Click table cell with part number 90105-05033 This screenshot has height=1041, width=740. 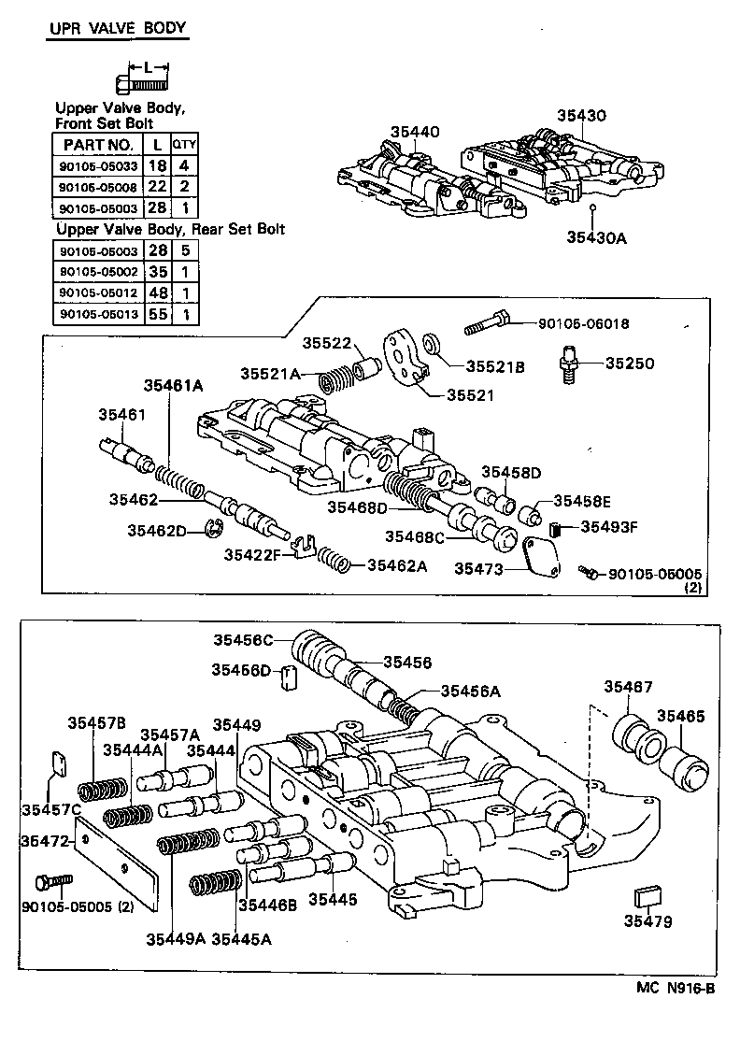[x=96, y=166]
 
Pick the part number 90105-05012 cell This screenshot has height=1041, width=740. [x=96, y=293]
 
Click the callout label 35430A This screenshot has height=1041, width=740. [x=594, y=237]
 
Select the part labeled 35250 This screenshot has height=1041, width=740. [x=567, y=364]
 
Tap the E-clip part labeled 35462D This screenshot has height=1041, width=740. [x=211, y=530]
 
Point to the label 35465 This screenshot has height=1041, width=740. [x=681, y=716]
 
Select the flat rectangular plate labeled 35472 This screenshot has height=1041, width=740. [x=121, y=862]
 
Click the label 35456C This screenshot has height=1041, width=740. [x=242, y=640]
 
